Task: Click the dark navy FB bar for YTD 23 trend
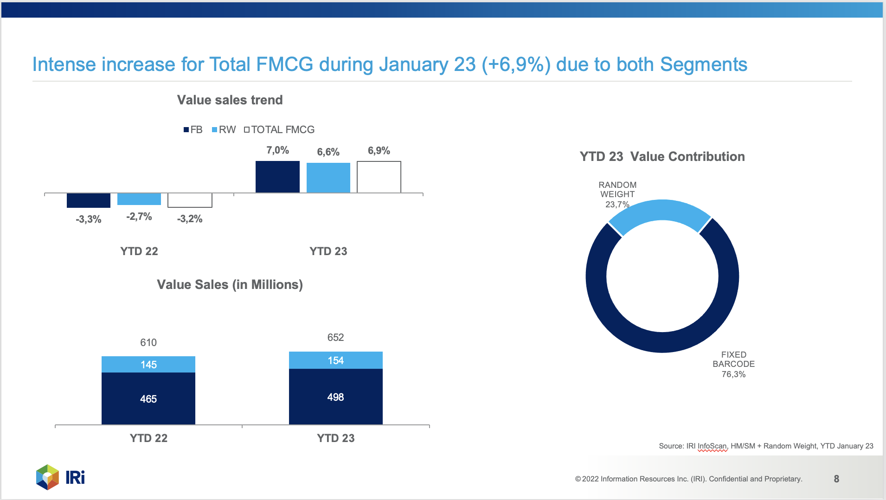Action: tap(277, 177)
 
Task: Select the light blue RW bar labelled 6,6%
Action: tap(328, 178)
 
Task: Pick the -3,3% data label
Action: tap(89, 219)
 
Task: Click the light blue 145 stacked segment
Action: tap(148, 364)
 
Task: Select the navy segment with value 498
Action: tap(336, 397)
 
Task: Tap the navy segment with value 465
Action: tap(148, 398)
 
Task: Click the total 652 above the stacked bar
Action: tap(336, 337)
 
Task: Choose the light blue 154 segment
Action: tap(336, 360)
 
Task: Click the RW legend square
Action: tap(214, 130)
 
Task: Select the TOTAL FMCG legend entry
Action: tap(279, 129)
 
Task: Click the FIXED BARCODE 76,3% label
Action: tap(734, 364)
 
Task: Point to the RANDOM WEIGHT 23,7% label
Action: tap(617, 194)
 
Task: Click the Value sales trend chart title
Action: tap(230, 100)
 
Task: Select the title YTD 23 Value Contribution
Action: tap(662, 156)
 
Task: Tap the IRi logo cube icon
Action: tap(48, 477)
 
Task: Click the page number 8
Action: tap(836, 479)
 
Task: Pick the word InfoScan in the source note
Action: tap(712, 446)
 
